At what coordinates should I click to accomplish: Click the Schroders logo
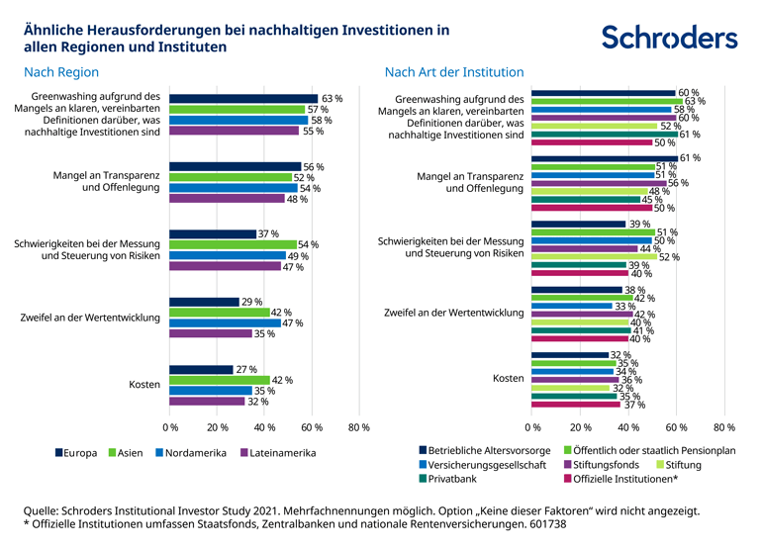coord(669,38)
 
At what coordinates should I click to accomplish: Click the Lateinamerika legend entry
coord(277,453)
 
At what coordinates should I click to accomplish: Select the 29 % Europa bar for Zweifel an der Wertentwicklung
coord(204,301)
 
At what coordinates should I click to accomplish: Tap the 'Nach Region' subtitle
coord(61,72)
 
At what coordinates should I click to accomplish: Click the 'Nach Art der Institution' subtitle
coord(453,72)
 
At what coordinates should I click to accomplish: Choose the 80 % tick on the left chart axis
coord(359,427)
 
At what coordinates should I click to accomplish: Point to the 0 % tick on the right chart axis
coord(532,427)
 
